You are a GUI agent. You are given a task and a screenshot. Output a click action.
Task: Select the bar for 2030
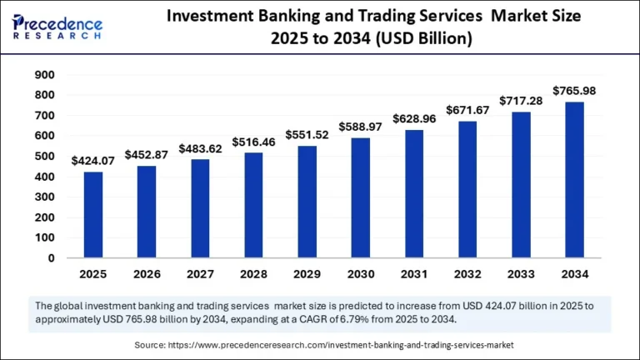[x=360, y=198]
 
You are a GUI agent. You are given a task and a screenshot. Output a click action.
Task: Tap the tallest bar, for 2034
[x=573, y=180]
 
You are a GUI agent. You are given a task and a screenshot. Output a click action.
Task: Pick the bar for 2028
[x=253, y=206]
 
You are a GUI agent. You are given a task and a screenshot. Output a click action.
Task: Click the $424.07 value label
[x=93, y=161]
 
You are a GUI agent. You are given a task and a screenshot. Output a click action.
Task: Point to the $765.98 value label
[x=573, y=90]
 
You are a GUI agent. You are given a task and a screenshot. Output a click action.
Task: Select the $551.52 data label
[x=307, y=134]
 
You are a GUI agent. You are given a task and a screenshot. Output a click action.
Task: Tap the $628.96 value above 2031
[x=413, y=118]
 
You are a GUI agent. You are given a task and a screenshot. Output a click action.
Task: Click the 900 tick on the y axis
[x=44, y=75]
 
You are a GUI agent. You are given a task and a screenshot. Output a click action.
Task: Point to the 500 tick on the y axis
[x=44, y=157]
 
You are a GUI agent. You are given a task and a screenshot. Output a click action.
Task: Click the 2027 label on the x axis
[x=200, y=273]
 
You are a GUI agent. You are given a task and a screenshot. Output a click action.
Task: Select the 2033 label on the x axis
[x=520, y=273]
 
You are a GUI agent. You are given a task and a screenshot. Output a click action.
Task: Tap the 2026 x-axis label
[x=147, y=273]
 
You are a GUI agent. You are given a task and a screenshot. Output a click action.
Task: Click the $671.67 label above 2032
[x=467, y=110]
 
